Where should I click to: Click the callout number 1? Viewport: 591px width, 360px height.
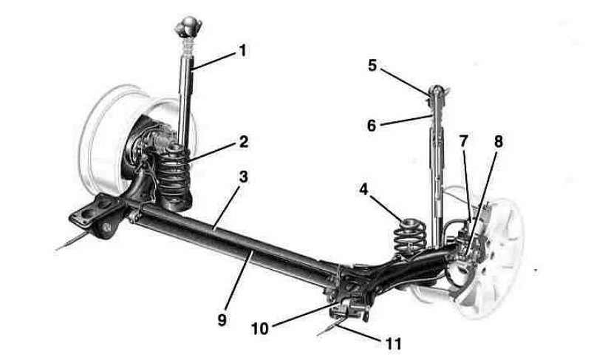243,50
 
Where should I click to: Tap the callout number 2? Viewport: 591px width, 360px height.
244,142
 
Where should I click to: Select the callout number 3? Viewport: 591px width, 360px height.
244,177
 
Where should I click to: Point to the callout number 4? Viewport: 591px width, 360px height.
363,189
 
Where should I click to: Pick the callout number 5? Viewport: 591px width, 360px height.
372,65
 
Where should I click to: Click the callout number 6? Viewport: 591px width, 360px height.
372,126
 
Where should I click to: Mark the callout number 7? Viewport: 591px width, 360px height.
464,141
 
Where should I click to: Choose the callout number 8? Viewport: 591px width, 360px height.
498,142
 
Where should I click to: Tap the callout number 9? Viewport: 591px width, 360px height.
222,319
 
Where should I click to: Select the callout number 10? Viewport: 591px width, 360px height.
260,328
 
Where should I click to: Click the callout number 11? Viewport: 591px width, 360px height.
393,344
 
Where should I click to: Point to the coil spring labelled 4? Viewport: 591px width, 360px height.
410,237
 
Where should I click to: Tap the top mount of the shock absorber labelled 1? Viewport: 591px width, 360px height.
188,27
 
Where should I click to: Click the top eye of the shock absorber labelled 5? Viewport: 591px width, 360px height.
437,90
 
